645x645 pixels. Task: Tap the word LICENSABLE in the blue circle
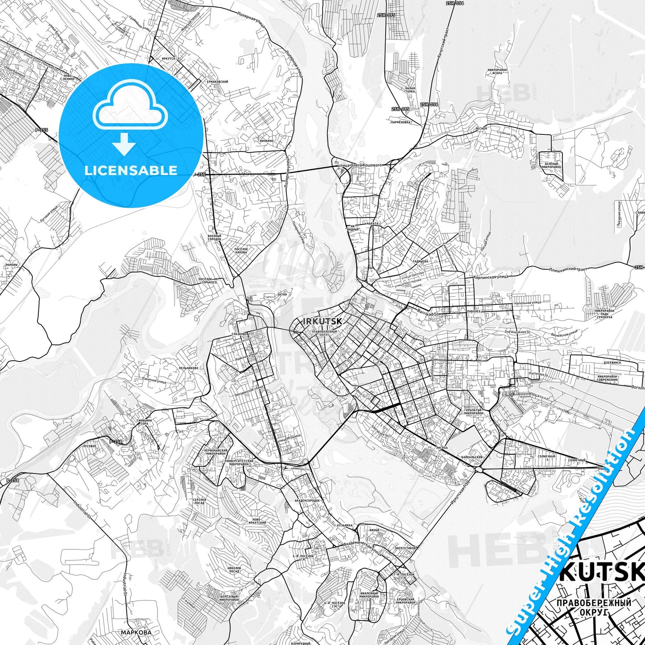[131, 170]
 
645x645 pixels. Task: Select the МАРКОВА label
[136, 632]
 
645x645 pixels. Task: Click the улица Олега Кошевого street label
[360, 165]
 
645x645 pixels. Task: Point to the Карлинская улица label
[491, 277]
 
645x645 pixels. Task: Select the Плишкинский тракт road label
[567, 269]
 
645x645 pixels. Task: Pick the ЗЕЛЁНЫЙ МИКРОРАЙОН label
[551, 166]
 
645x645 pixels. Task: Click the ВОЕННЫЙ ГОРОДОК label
[214, 237]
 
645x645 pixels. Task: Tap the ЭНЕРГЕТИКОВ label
[406, 548]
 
